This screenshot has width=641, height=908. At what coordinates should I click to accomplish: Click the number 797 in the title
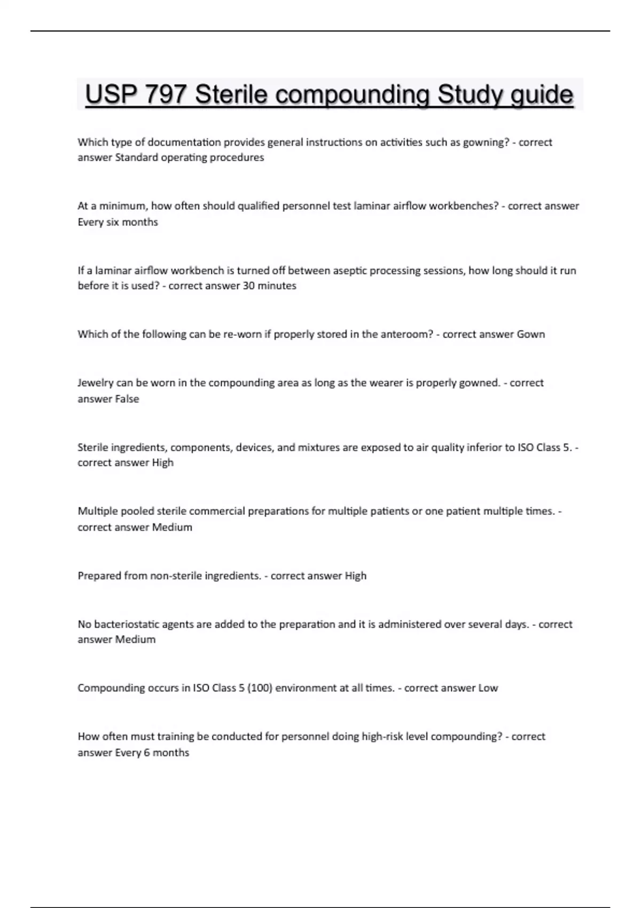point(165,95)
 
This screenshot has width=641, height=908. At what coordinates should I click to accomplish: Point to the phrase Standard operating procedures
point(190,158)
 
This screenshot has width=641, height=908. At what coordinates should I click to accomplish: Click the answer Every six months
point(118,222)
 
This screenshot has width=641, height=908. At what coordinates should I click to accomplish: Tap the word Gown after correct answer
point(530,334)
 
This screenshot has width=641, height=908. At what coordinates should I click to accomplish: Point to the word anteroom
point(405,334)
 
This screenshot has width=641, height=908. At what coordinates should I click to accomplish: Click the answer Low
point(488,688)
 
